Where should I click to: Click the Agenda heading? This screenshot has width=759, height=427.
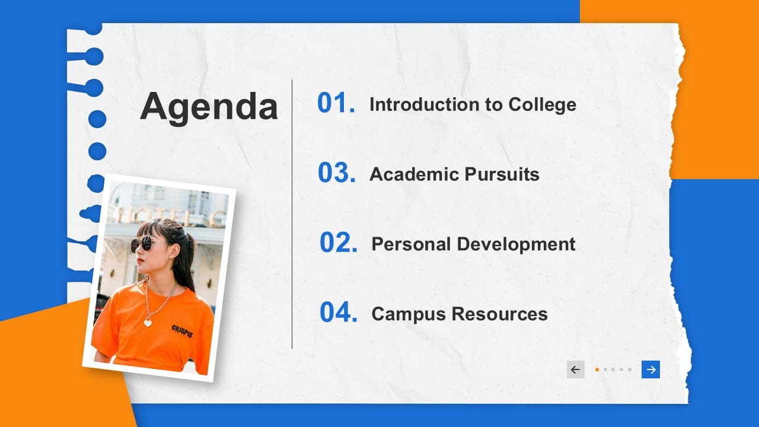(209, 107)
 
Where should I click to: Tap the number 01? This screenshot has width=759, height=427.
(336, 103)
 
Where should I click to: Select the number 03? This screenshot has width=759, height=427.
(336, 173)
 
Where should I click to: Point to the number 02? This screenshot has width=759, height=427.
(338, 243)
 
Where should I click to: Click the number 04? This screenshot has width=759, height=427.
(338, 313)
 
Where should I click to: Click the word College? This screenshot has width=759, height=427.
(542, 105)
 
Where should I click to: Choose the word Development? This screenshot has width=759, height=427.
(516, 244)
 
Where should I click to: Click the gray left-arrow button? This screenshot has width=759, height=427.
(575, 369)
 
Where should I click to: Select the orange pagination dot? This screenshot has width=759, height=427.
(597, 369)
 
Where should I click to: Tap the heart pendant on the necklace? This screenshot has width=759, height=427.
(148, 322)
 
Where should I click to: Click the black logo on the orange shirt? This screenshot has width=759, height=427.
(182, 330)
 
